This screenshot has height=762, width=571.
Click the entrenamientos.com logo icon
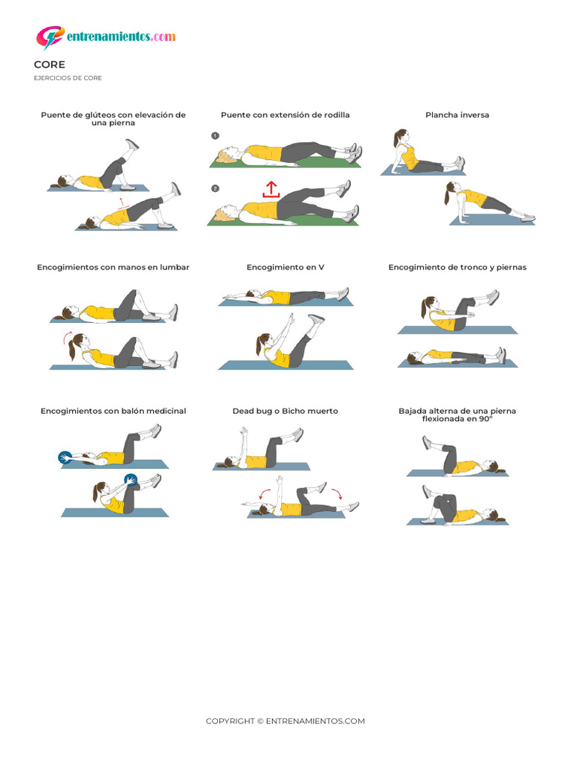tap(50, 37)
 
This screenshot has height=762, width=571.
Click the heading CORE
tap(50, 65)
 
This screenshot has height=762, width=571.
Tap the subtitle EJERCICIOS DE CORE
tap(68, 77)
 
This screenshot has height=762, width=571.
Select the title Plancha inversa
tap(457, 115)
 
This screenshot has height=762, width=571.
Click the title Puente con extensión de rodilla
tap(285, 115)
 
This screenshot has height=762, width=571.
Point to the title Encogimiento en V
tap(285, 267)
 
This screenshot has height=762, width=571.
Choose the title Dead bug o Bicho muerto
tap(285, 411)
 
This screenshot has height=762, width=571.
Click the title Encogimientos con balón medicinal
tap(113, 411)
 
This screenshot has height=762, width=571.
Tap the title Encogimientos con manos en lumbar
tap(113, 267)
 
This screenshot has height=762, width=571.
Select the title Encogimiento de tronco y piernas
tap(457, 267)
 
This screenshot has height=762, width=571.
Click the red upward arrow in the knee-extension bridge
tap(271, 189)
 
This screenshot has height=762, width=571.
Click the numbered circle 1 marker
tap(216, 136)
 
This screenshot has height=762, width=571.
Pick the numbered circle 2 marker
tap(216, 188)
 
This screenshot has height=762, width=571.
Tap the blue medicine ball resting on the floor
tap(65, 458)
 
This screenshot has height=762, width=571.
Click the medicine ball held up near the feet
tap(130, 480)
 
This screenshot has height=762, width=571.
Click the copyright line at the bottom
tap(285, 721)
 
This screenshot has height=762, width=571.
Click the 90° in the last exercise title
tap(486, 419)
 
